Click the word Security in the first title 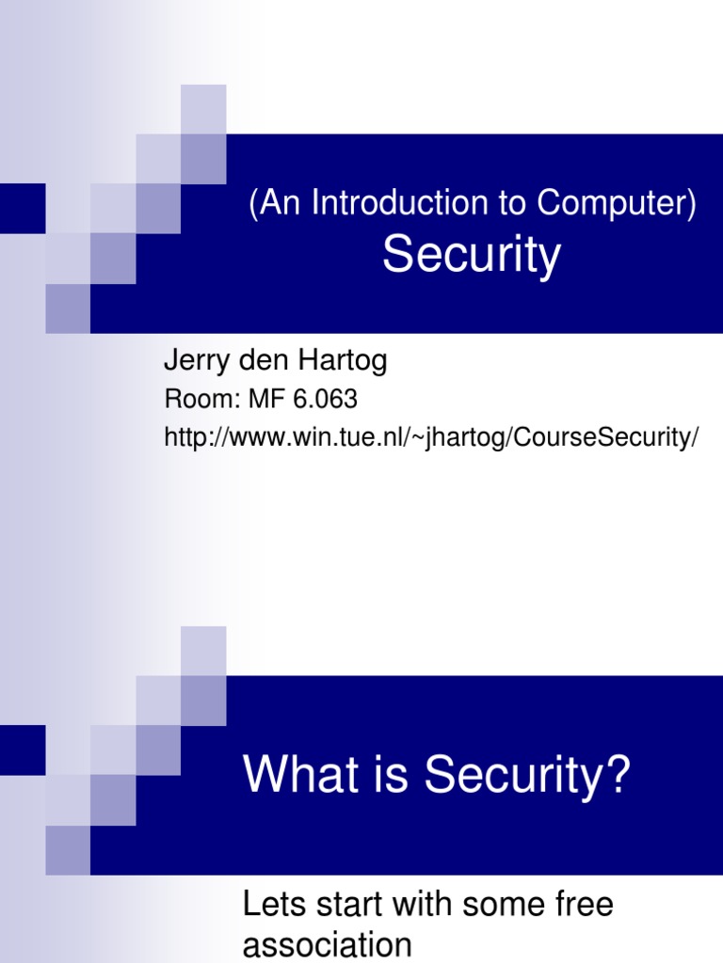471,255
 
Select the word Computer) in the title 618,203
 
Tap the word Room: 202,400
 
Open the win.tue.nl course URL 432,439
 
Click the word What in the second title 295,776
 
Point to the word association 328,944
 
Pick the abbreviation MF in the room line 264,400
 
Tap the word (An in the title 268,203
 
